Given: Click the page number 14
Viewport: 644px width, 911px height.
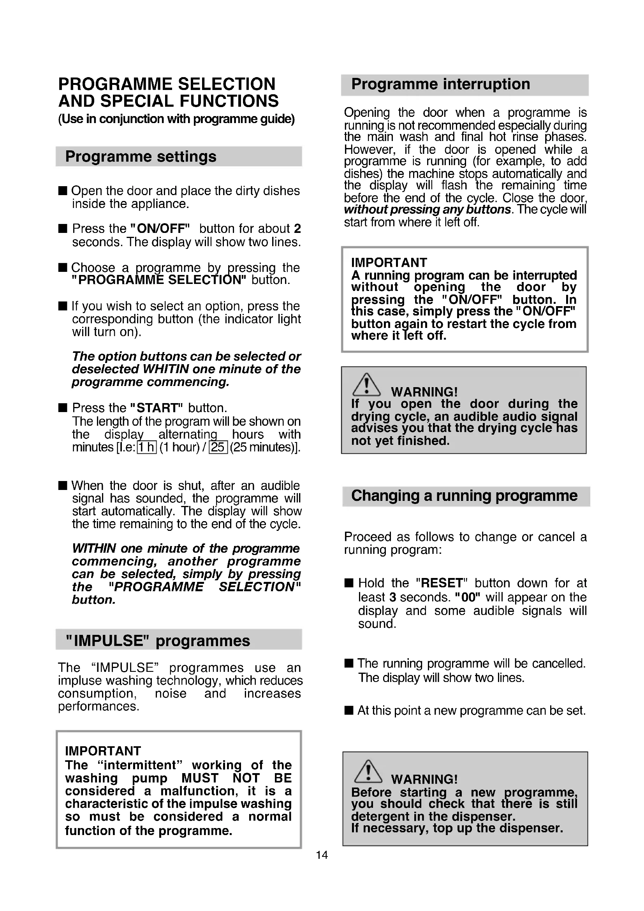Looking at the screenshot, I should [x=322, y=855].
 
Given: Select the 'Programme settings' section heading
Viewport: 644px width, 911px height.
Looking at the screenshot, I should [x=141, y=157].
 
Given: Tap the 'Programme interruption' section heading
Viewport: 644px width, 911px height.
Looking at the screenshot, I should [x=440, y=85].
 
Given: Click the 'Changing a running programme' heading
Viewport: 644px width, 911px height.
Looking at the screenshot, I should [x=464, y=496].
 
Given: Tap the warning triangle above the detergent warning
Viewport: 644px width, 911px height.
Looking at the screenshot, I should [x=368, y=772].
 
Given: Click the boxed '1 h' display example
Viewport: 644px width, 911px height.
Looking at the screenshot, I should [x=147, y=447].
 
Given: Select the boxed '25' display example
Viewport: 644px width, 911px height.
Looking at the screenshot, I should [x=218, y=447].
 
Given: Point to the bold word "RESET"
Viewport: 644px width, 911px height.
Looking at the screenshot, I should [x=442, y=583].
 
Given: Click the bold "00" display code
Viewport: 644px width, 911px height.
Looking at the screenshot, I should [x=468, y=597].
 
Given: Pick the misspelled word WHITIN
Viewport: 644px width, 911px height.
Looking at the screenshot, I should [x=166, y=369].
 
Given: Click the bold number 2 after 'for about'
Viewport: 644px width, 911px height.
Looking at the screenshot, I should [x=297, y=229].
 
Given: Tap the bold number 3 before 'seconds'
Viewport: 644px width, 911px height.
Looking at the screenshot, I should [x=392, y=597].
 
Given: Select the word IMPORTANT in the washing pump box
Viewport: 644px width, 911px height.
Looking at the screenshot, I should [x=103, y=751].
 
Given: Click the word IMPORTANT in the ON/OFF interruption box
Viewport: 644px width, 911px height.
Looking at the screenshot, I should [x=389, y=263].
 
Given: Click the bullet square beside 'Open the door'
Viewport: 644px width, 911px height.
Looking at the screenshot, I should [x=63, y=191].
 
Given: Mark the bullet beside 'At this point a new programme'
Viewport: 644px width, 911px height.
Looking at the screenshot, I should [x=348, y=710].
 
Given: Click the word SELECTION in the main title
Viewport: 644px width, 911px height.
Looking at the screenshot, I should [x=226, y=84].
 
